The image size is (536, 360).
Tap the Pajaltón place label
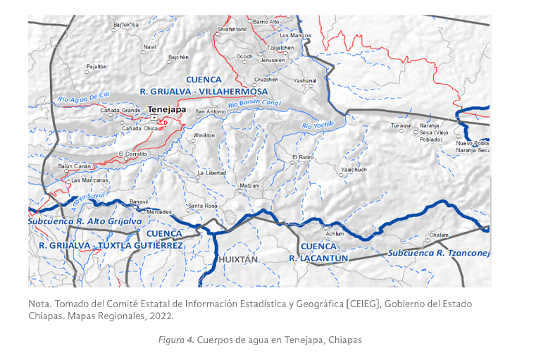96,66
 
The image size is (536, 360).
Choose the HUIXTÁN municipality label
239,260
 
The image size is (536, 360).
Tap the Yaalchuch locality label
353,170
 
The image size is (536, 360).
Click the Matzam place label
249,185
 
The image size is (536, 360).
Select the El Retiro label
303,157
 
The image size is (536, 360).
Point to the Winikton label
204,135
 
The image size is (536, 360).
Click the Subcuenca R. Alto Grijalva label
85,221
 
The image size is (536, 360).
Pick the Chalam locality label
438,235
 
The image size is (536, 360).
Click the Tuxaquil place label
401,125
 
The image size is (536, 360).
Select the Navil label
149,47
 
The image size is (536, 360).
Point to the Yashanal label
305,81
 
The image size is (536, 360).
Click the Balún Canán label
75,166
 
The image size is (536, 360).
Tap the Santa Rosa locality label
201,206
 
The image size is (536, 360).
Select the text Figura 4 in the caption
177,340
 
